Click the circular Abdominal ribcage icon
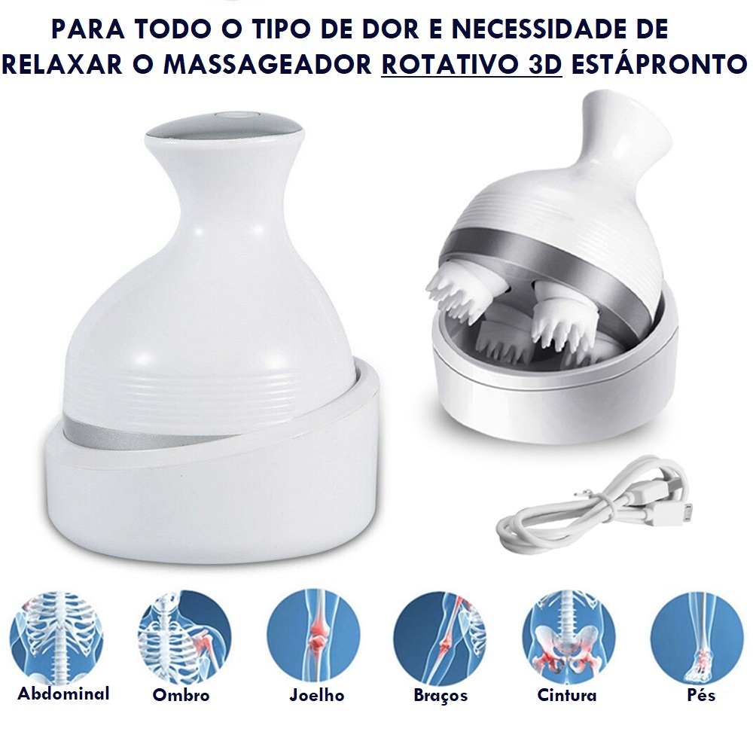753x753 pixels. pos(57,637)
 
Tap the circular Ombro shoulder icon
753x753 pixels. pos(185,638)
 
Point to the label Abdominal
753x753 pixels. pos(64,694)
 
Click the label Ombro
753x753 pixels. pos(181,695)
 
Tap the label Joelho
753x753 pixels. pos(317,695)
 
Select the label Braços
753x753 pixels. pos(441,696)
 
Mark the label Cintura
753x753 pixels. pos(567,695)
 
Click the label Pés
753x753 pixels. pos(701,694)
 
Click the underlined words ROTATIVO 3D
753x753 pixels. pos(471,64)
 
